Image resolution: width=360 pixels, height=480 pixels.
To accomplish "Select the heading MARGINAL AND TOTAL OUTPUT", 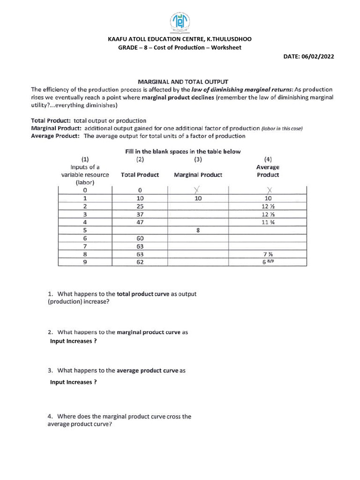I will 183,82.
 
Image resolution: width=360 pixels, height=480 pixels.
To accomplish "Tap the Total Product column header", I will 140,175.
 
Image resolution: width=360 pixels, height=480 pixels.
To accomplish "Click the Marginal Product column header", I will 198,175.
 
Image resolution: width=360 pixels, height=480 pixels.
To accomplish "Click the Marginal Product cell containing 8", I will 198,230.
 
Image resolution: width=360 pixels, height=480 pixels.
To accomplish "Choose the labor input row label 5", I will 85,230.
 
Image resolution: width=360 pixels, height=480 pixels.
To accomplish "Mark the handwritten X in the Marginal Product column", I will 197,189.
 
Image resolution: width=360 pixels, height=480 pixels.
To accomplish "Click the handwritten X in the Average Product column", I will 268,190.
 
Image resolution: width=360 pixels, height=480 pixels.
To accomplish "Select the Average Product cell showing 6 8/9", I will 268,262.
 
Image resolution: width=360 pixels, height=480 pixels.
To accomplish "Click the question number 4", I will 50,416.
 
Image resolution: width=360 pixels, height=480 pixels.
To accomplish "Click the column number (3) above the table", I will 198,159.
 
